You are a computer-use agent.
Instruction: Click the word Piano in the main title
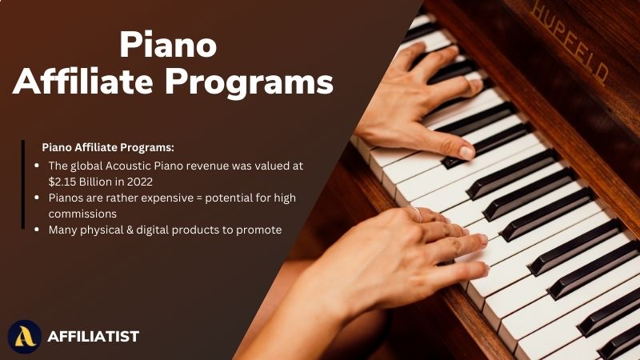coord(168,45)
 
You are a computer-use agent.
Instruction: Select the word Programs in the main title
coord(249,83)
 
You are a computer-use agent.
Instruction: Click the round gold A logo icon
coord(25,337)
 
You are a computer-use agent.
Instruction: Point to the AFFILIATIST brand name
coord(94,337)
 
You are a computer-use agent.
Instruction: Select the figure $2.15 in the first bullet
coord(62,182)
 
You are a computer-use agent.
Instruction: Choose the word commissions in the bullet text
coord(82,214)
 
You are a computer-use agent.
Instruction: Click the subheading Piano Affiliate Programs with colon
coord(108,147)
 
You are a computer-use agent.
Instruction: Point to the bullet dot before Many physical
coord(37,230)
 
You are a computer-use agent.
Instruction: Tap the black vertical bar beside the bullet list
coord(23,185)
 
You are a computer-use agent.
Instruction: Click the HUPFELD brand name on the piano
coord(569,44)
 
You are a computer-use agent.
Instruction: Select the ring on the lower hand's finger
coord(415,213)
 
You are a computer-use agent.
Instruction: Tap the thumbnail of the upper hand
coord(467,152)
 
